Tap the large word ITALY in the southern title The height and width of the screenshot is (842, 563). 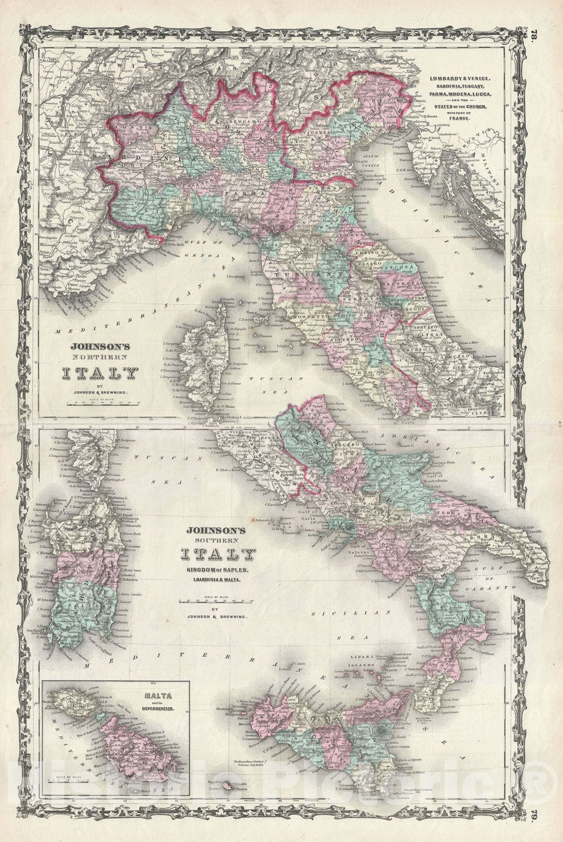pyautogui.click(x=218, y=554)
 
